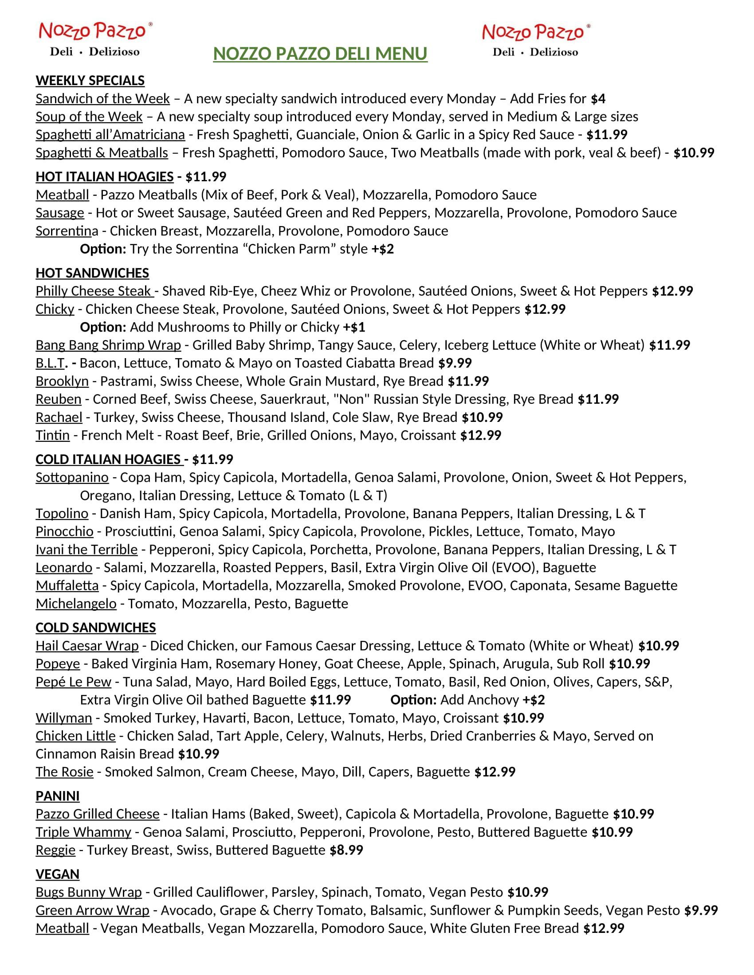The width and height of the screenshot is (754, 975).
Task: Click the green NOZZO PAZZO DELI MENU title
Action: point(320,54)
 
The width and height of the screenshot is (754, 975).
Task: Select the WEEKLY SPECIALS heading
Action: point(90,81)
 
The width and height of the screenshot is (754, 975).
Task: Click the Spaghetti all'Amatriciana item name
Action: point(110,134)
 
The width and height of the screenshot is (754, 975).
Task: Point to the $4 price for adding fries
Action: point(598,99)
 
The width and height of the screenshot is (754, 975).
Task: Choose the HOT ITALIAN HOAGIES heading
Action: point(104,177)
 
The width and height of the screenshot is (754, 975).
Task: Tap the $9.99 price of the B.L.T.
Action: point(455,363)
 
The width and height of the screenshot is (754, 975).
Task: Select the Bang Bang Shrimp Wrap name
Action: point(108,345)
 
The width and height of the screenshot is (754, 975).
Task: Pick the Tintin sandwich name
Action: point(52,435)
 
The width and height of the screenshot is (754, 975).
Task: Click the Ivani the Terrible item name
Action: point(86,550)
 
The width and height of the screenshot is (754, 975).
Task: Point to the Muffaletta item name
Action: point(67,585)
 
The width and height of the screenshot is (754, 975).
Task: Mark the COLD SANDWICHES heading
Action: point(96,628)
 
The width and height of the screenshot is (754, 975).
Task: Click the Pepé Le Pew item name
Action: point(73,682)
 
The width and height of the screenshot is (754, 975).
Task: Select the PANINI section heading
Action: point(57,796)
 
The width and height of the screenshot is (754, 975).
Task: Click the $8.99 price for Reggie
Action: point(346,850)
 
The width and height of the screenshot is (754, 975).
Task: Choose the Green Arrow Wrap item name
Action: point(92,910)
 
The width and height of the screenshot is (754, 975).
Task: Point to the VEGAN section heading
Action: point(57,874)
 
